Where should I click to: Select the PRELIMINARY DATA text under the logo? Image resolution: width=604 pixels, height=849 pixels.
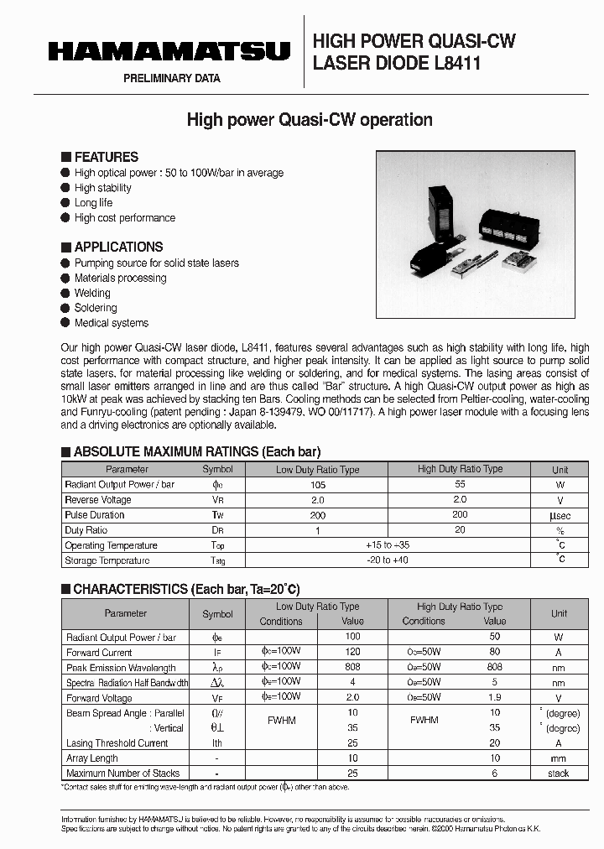click(x=172, y=79)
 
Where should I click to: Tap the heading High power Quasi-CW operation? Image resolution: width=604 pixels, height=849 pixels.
click(x=310, y=120)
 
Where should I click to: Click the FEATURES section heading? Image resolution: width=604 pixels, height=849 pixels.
click(x=106, y=157)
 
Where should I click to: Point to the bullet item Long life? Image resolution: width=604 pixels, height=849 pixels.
click(x=93, y=203)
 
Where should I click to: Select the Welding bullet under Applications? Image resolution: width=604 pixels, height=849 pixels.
click(x=92, y=293)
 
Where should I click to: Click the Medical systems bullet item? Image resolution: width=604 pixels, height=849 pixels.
click(x=111, y=323)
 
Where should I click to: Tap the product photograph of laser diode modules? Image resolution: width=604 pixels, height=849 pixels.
click(x=475, y=233)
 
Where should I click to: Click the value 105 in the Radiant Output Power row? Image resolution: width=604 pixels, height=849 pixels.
click(x=317, y=485)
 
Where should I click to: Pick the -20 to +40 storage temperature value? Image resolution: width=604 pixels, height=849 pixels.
click(x=388, y=560)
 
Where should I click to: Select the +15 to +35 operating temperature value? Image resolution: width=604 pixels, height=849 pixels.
click(x=388, y=545)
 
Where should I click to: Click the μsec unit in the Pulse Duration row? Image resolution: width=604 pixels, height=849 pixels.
click(x=560, y=515)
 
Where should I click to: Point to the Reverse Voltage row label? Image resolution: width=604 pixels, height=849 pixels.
click(x=98, y=500)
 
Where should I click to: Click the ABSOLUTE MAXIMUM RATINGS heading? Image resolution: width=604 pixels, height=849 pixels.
click(x=197, y=451)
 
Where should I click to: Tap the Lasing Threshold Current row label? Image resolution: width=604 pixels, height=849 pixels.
click(x=117, y=743)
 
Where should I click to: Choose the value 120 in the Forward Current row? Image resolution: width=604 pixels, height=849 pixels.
click(x=352, y=653)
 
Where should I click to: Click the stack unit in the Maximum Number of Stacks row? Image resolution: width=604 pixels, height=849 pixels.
click(x=558, y=773)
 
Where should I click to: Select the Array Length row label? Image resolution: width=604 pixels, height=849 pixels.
click(x=92, y=758)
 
